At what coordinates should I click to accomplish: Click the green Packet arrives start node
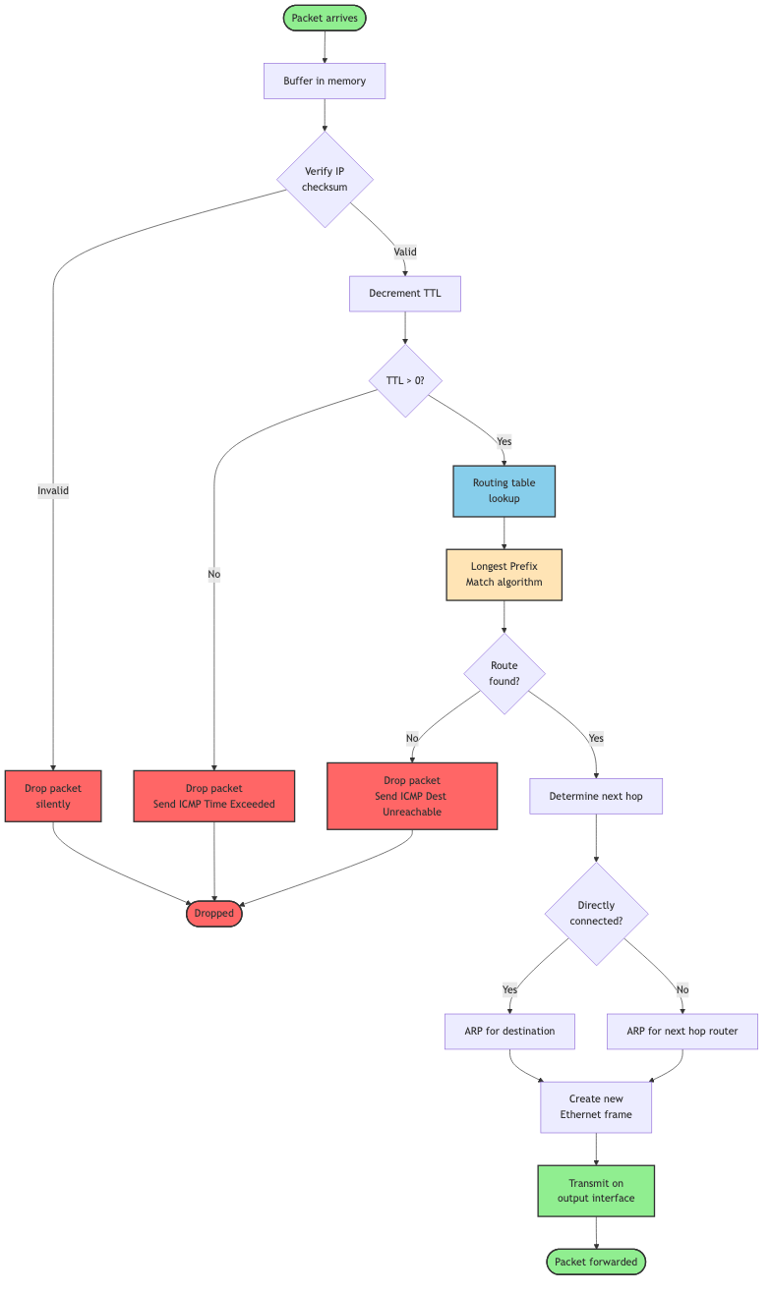(x=325, y=18)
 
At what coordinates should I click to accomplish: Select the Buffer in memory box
(x=325, y=81)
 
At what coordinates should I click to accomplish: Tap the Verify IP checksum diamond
(x=325, y=179)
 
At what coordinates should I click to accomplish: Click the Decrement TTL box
(x=404, y=293)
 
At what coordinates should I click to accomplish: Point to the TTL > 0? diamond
(x=404, y=379)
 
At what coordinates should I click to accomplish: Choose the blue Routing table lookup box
(x=504, y=490)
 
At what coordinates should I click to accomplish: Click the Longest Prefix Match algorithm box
(x=504, y=574)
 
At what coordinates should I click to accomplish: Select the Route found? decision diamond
(x=504, y=673)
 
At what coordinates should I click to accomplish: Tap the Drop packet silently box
(x=53, y=796)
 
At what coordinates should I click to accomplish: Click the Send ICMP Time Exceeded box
(x=214, y=796)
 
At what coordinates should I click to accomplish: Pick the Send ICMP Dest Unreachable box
(x=412, y=796)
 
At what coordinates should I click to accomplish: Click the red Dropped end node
(x=214, y=913)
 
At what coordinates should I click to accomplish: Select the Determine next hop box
(x=596, y=796)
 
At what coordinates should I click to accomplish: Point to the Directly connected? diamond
(x=596, y=913)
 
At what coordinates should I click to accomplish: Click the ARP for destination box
(x=509, y=1031)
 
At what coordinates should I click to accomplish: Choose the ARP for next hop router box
(x=682, y=1031)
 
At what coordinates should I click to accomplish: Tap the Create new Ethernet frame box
(x=596, y=1106)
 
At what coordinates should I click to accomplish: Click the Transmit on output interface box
(x=596, y=1190)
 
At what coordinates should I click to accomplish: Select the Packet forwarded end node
(x=596, y=1262)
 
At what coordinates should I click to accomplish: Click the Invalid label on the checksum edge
(x=53, y=490)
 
